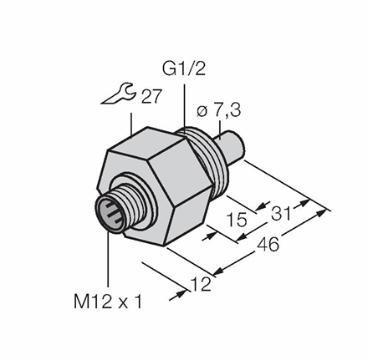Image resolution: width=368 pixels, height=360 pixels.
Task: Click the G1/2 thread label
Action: point(184,67)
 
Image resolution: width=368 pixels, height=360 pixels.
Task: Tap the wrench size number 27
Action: point(151,96)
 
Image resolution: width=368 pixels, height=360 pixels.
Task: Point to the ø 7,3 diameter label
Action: point(218,111)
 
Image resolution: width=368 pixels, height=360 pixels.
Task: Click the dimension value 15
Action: point(237,220)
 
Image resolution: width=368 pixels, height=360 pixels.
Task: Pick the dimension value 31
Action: point(281,214)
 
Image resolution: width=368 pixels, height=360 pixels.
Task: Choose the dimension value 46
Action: point(268,244)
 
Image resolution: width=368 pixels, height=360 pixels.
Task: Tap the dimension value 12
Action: point(201,284)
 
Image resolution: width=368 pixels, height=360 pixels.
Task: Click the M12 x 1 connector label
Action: point(108,302)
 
